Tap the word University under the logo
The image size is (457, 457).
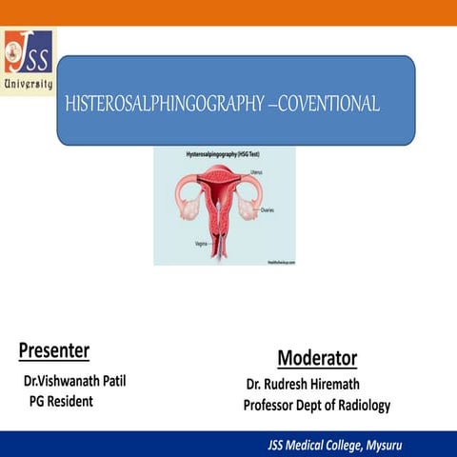pyautogui.click(x=29, y=84)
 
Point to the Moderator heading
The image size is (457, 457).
pyautogui.click(x=317, y=358)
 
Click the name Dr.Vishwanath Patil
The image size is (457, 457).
pyautogui.click(x=75, y=382)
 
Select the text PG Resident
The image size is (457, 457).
pyautogui.click(x=61, y=402)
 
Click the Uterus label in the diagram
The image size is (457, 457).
pyautogui.click(x=256, y=172)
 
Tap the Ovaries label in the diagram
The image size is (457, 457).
pyautogui.click(x=268, y=209)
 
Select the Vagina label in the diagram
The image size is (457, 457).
pyautogui.click(x=201, y=244)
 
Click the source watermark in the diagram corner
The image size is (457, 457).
pyautogui.click(x=277, y=258)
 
